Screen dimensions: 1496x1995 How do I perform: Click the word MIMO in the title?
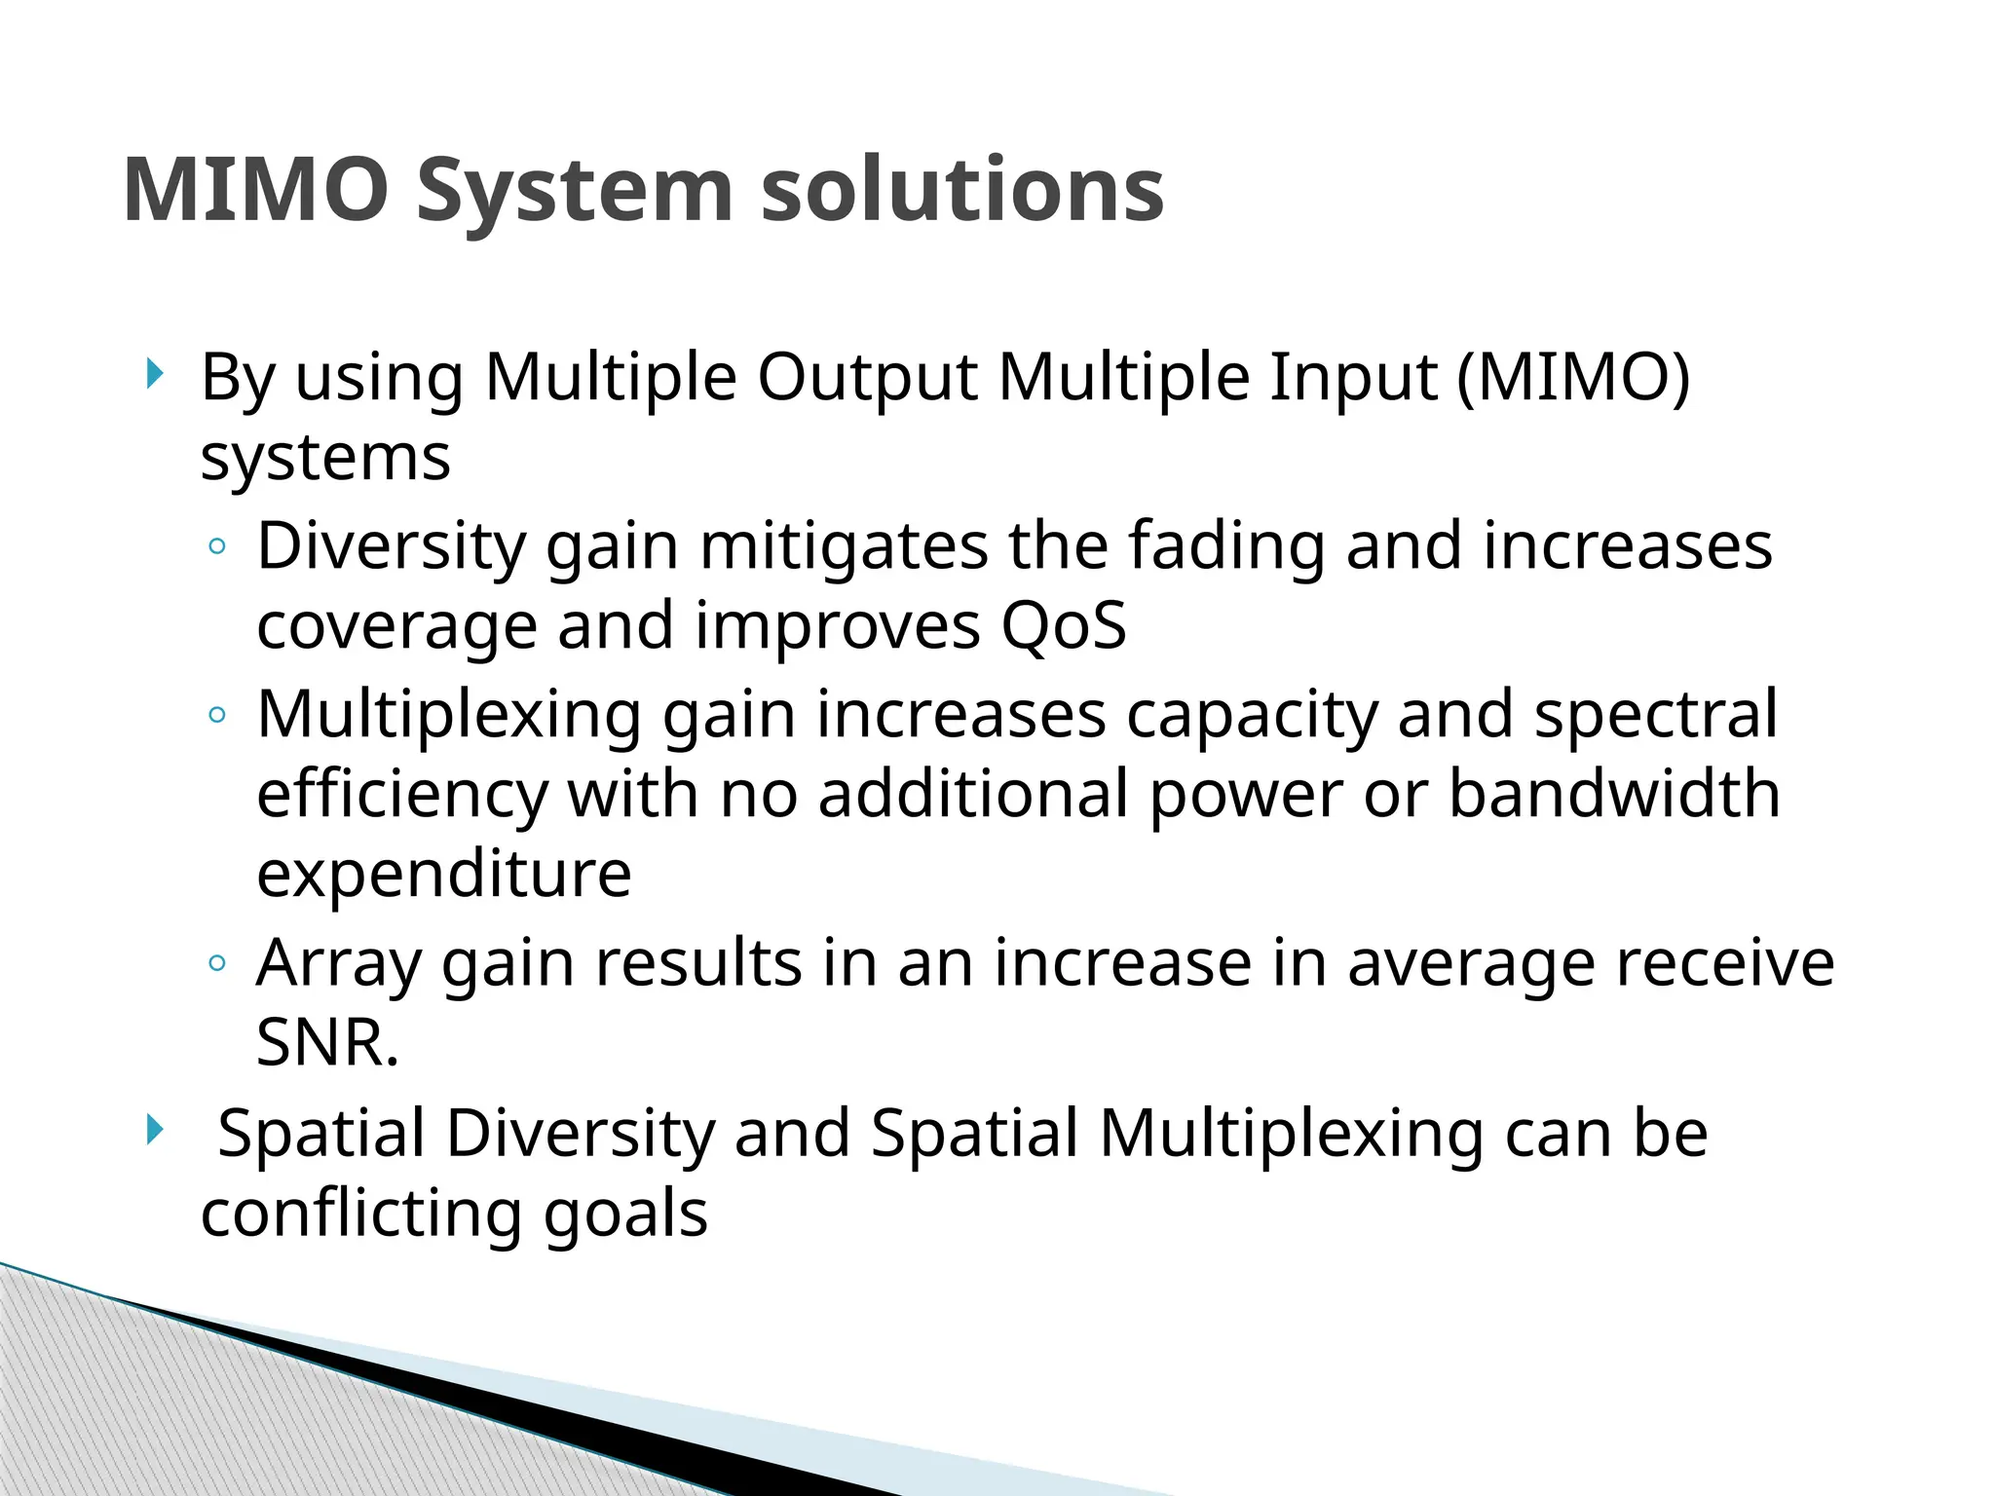pyautogui.click(x=256, y=190)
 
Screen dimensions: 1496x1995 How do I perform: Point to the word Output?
pyautogui.click(x=867, y=378)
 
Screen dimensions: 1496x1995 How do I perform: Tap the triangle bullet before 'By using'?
pyautogui.click(x=154, y=373)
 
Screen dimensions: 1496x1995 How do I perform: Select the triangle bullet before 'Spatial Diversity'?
pyautogui.click(x=154, y=1130)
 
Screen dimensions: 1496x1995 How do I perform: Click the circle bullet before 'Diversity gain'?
pyautogui.click(x=217, y=547)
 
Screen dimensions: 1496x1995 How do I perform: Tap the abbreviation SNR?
pyautogui.click(x=326, y=1043)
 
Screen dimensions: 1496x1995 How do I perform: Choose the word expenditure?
pyautogui.click(x=443, y=875)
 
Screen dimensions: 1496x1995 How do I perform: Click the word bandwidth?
pyautogui.click(x=1614, y=794)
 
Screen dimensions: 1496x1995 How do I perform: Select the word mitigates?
pyautogui.click(x=844, y=547)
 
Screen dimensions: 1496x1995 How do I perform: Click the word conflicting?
pyautogui.click(x=361, y=1215)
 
